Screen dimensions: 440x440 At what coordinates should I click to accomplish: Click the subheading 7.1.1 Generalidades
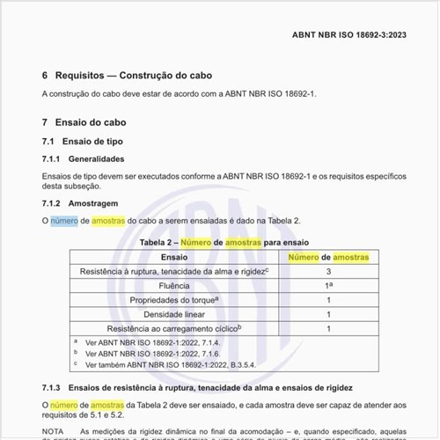(90, 158)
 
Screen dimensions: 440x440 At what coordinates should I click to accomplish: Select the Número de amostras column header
(328, 256)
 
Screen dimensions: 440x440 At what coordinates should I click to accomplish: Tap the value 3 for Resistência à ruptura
(328, 272)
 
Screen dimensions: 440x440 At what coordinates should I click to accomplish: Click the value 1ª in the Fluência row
(328, 286)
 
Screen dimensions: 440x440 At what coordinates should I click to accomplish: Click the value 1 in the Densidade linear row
(328, 314)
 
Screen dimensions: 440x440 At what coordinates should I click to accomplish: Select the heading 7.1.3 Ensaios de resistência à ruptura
(202, 387)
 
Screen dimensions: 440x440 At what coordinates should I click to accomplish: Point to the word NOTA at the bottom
(54, 431)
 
